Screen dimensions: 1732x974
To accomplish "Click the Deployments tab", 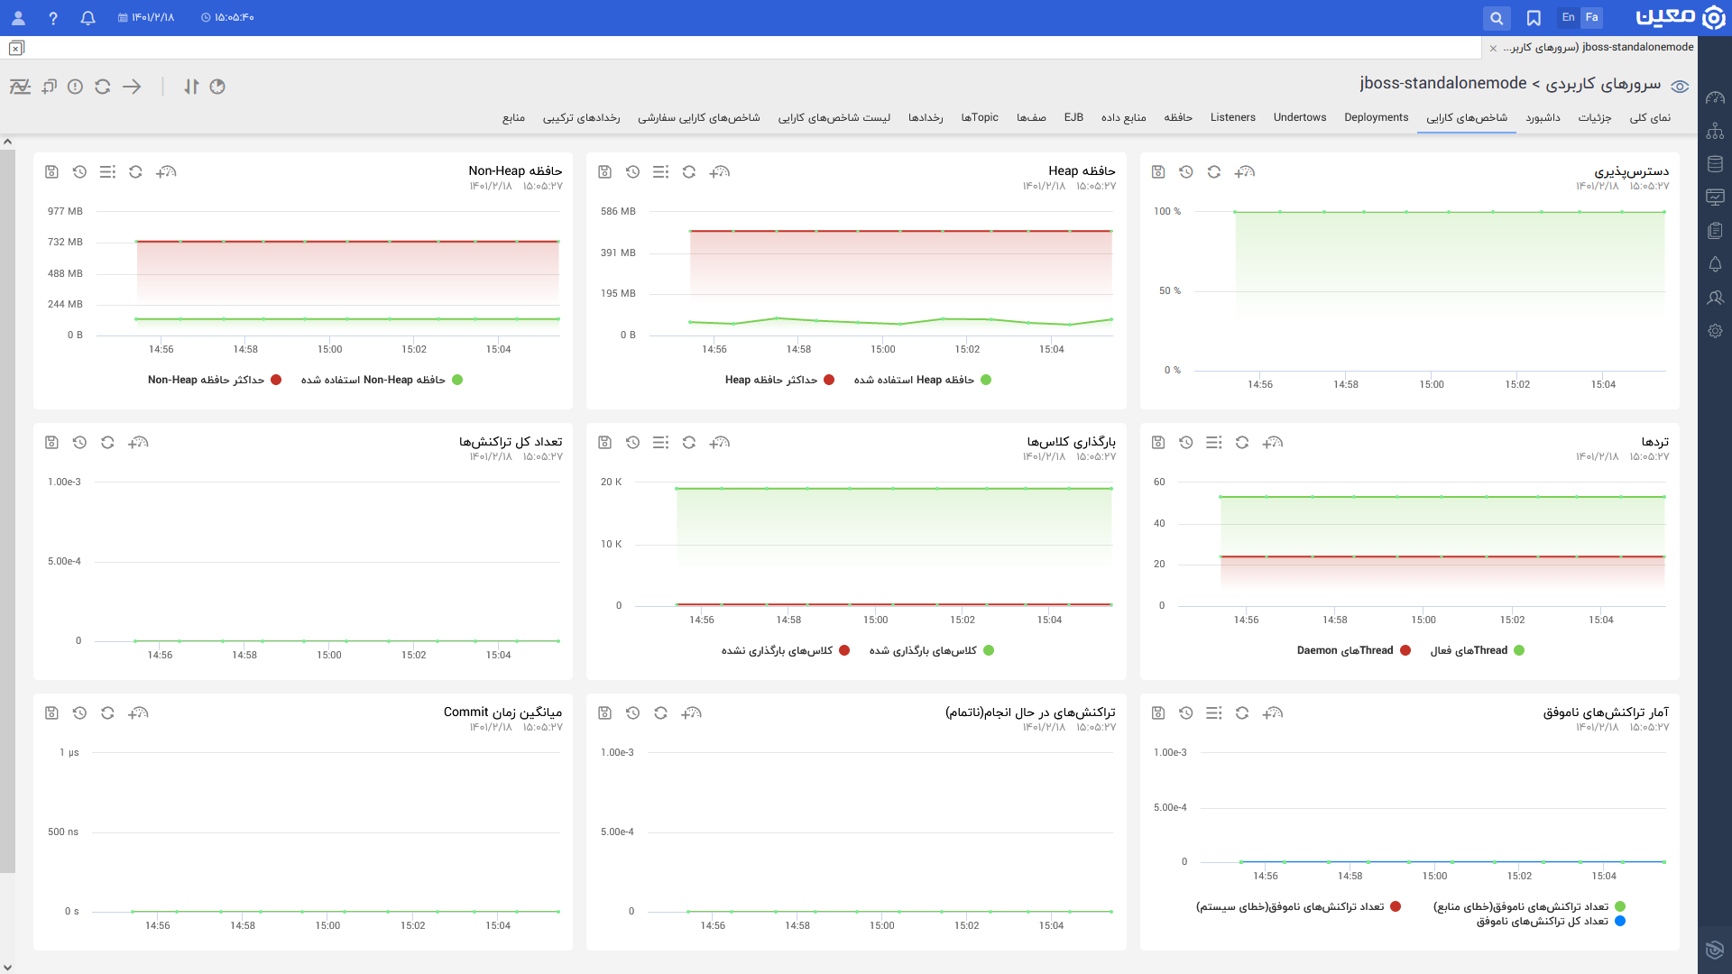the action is click(1376, 117).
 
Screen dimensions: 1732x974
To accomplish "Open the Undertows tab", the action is click(1300, 117).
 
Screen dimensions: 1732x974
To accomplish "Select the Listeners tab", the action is click(1233, 117).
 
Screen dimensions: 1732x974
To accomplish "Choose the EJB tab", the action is click(1073, 117).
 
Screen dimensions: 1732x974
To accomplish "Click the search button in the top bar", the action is click(1497, 18).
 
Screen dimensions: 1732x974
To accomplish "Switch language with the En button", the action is click(1569, 17).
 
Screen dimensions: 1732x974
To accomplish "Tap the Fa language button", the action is click(1592, 17).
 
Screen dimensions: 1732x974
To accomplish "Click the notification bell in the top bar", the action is click(88, 18).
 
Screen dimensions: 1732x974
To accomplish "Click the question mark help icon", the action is click(53, 18).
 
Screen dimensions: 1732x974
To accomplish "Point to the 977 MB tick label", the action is click(65, 211).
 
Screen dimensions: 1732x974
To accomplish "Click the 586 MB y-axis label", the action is click(618, 211).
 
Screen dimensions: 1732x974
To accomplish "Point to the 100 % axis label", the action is click(1167, 211).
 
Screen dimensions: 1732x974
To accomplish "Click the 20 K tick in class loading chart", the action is click(611, 482).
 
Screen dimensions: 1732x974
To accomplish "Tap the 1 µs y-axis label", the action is click(69, 752).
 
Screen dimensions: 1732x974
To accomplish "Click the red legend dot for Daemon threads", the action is click(1405, 650).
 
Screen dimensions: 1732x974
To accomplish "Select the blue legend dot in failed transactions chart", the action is click(1620, 921).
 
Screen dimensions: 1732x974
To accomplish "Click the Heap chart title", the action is click(1082, 170).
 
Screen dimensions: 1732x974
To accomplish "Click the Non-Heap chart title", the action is click(515, 170).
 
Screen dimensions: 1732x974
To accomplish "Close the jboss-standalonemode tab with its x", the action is click(1493, 48).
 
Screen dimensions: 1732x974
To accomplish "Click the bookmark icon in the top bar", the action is click(1534, 18).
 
